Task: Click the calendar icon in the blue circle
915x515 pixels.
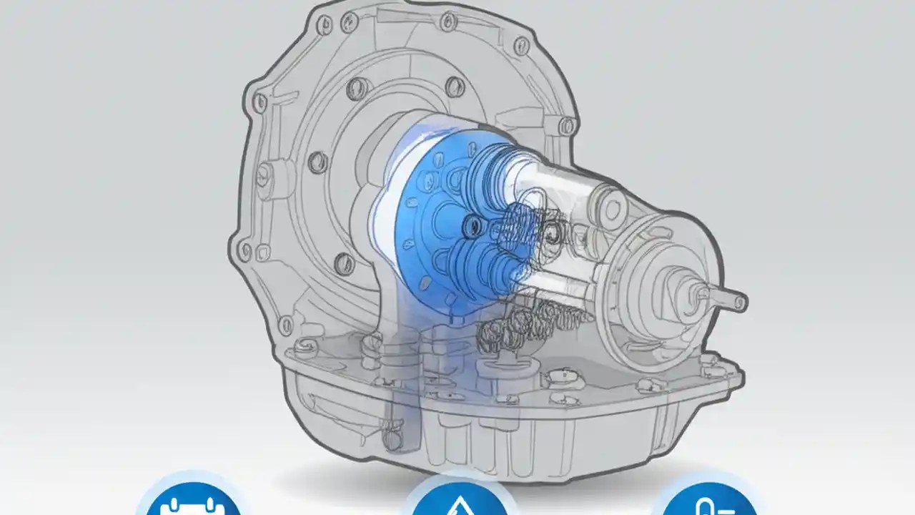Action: [191, 504]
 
